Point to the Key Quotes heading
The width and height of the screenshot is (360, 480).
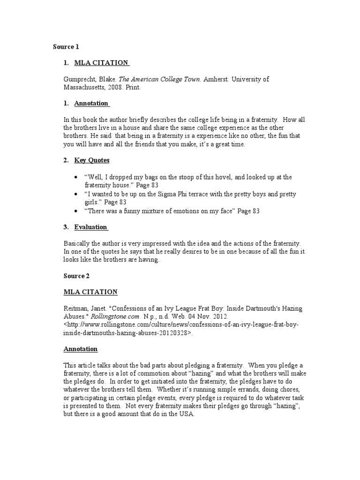(x=92, y=160)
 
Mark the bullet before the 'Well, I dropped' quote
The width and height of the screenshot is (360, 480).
(x=76, y=178)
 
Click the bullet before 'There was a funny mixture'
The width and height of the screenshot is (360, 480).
(x=76, y=211)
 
